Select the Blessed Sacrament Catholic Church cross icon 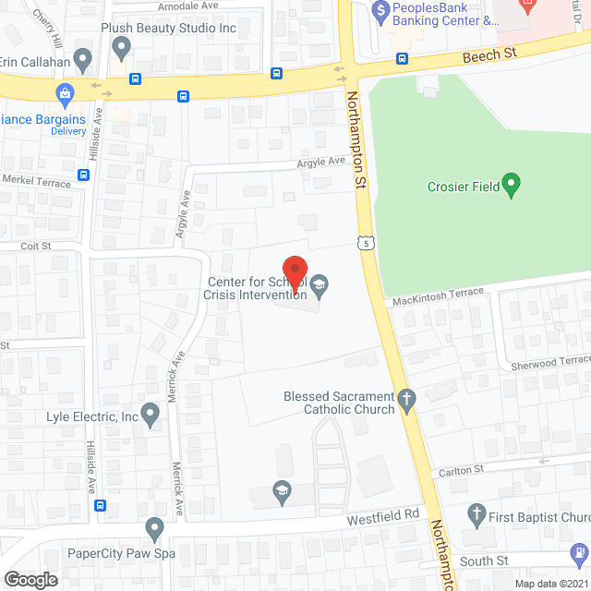point(407,398)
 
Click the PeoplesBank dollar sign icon point(380,10)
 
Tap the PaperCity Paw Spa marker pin point(154,529)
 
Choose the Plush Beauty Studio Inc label point(168,30)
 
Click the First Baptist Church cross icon point(476,513)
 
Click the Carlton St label point(461,470)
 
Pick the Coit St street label point(36,247)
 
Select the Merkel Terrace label point(36,183)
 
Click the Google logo point(30,579)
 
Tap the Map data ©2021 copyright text point(549,584)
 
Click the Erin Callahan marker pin point(83,63)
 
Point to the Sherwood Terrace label point(550,362)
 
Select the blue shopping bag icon point(65,93)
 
